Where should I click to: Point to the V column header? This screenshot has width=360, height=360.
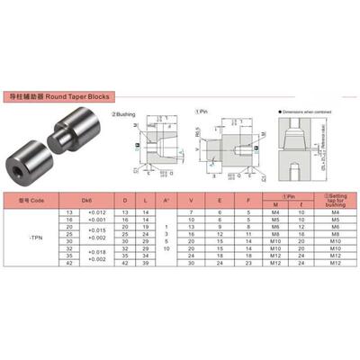[x=191, y=201]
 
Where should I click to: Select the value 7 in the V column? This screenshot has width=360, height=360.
[x=191, y=211]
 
